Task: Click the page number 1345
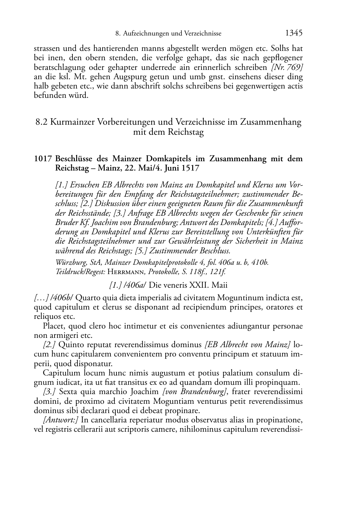[294, 33]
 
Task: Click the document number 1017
[43, 159]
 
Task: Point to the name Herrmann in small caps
[121, 272]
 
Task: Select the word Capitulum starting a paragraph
[60, 373]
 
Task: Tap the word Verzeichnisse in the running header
[203, 34]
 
